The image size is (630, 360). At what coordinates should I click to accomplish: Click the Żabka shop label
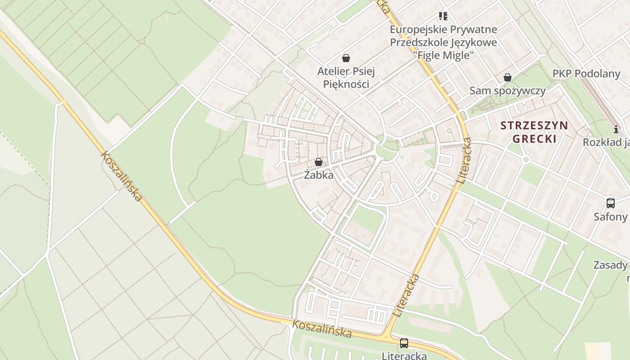(x=319, y=175)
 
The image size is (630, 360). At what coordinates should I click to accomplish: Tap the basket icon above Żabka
(x=319, y=162)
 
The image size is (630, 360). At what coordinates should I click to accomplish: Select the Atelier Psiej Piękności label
(x=346, y=77)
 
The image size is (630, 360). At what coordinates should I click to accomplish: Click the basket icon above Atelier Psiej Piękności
(x=346, y=58)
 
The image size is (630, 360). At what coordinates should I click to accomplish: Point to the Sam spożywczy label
(x=507, y=90)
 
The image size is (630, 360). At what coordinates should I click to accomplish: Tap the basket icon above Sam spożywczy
(x=508, y=77)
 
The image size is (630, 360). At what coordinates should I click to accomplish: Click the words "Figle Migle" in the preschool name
(x=443, y=55)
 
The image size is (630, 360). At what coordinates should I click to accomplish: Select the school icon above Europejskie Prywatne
(x=443, y=16)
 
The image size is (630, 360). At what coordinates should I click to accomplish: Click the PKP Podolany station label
(x=586, y=73)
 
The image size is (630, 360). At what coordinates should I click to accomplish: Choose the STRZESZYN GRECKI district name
(x=534, y=131)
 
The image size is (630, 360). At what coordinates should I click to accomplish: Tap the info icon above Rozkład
(x=616, y=130)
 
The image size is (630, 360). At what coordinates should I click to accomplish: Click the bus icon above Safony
(x=610, y=203)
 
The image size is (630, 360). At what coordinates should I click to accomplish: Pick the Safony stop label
(x=610, y=217)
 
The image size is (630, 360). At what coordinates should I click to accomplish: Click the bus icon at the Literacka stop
(x=404, y=343)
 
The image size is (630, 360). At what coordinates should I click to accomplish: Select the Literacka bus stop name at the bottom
(x=404, y=355)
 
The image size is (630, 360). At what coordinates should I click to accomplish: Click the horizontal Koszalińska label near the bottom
(x=321, y=329)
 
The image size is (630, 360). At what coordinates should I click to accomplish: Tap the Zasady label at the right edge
(x=610, y=265)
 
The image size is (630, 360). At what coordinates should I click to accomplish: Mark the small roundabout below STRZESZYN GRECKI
(x=526, y=159)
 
